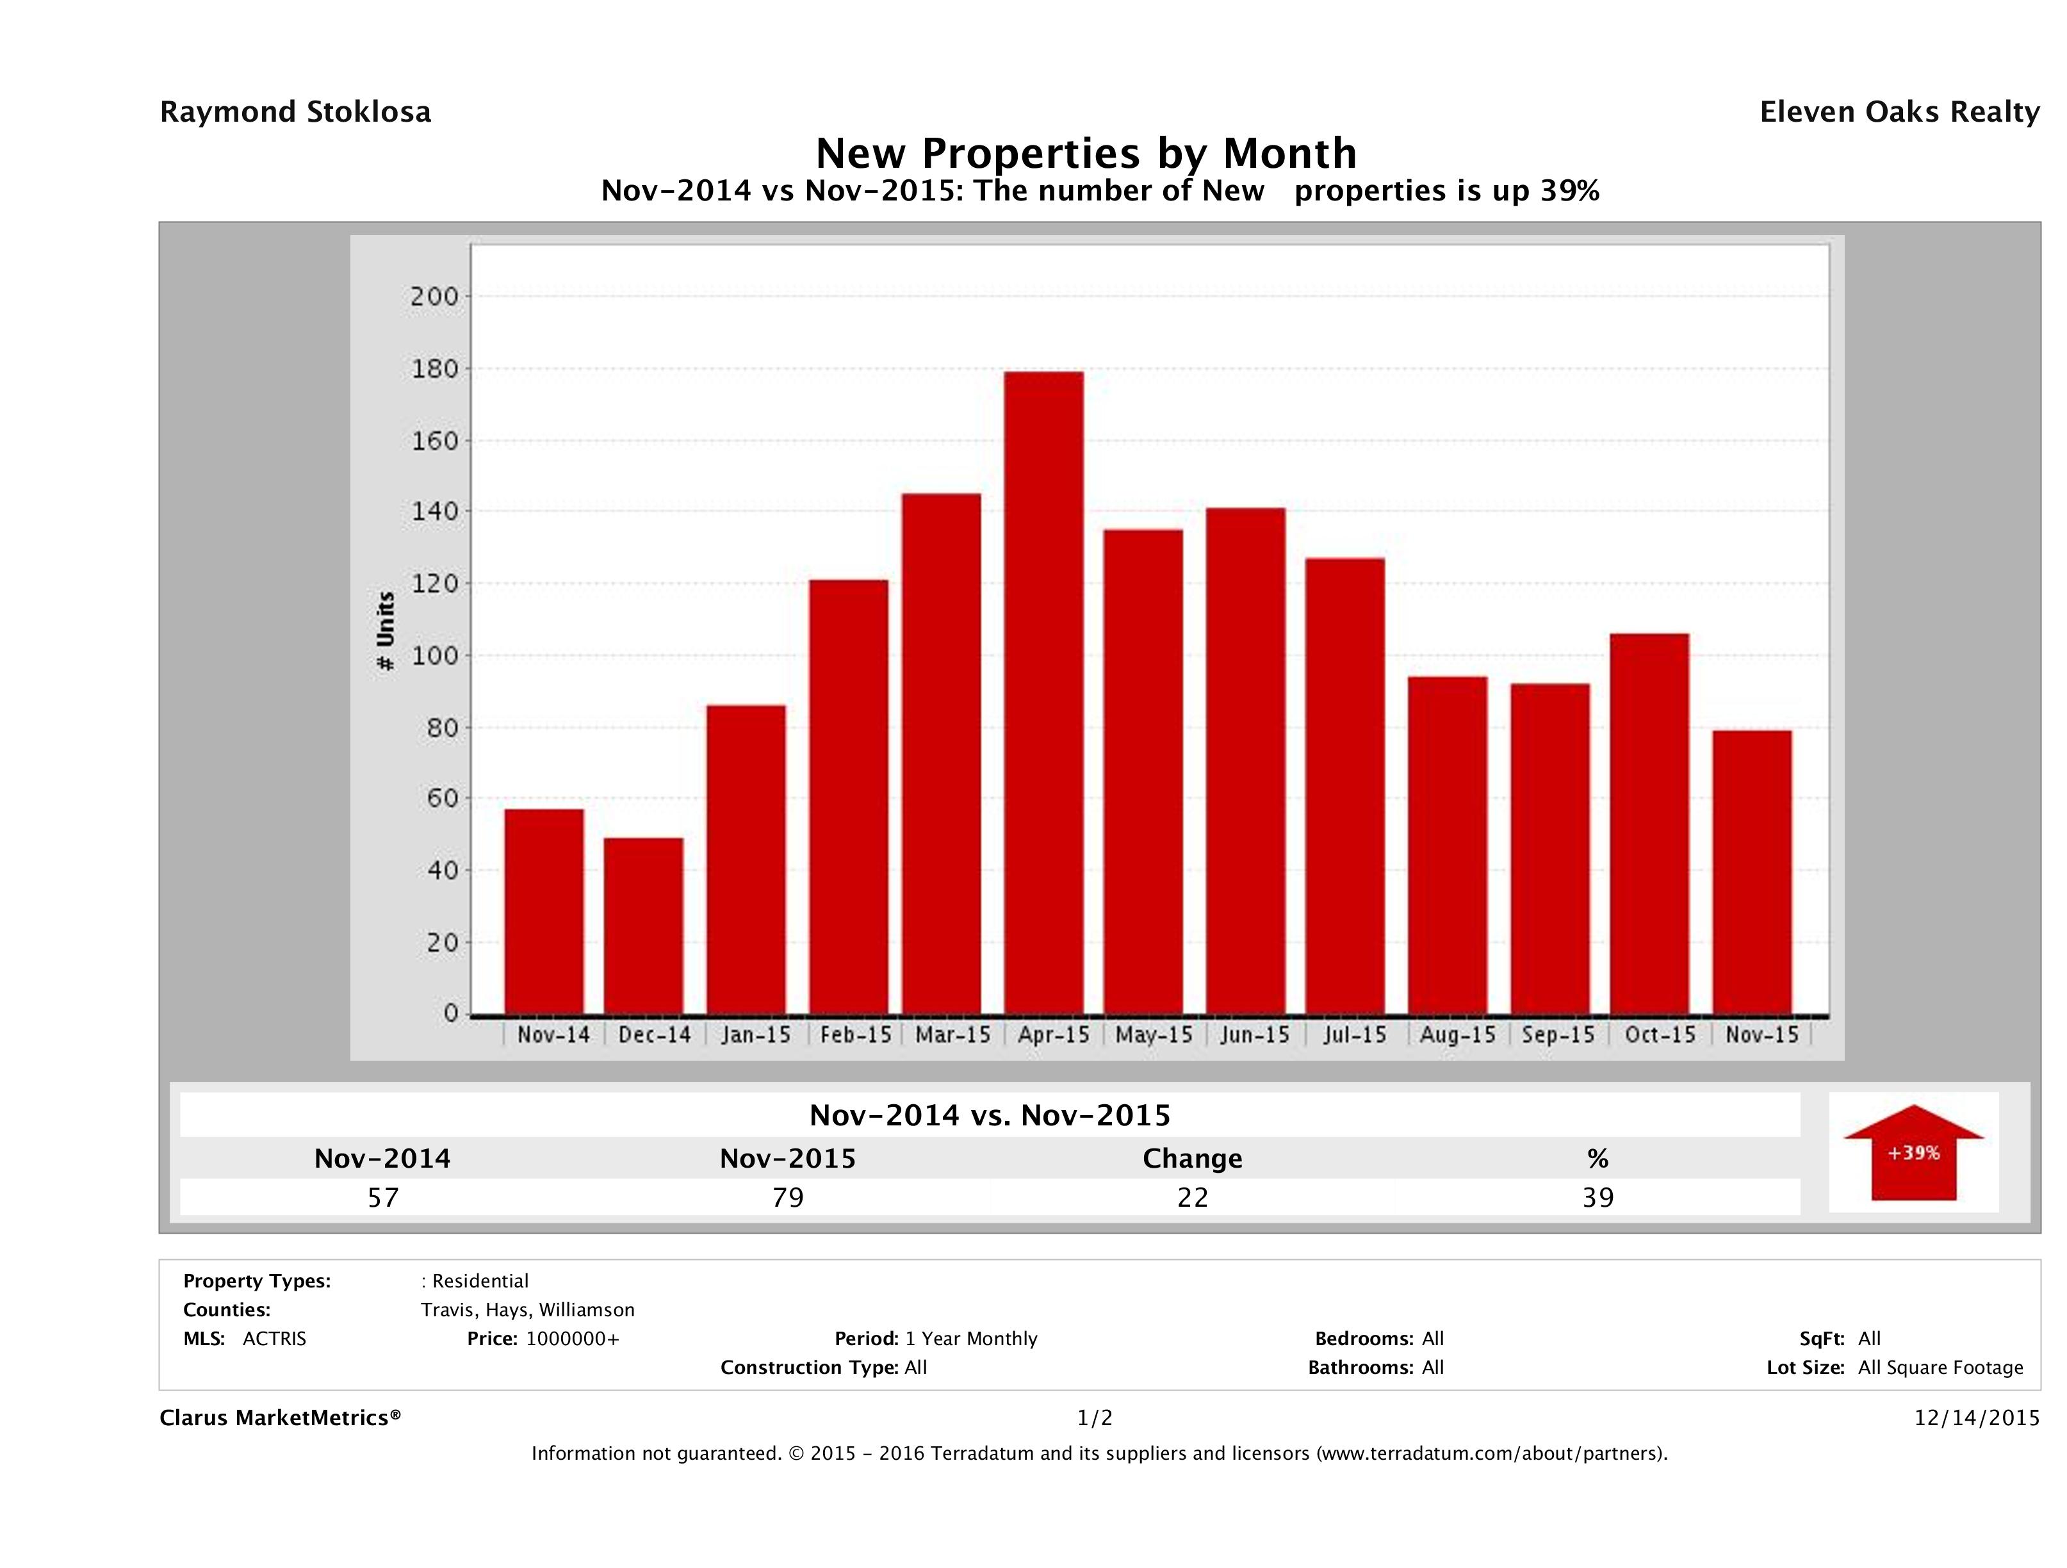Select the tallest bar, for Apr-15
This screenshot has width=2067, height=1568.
point(1044,692)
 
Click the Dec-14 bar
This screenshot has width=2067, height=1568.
point(643,925)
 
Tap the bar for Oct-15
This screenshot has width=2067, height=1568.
point(1649,823)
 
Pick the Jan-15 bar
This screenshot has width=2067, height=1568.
point(746,859)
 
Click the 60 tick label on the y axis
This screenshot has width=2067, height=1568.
point(439,798)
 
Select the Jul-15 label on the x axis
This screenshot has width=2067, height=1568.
point(1355,1035)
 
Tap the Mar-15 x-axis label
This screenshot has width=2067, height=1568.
point(952,1035)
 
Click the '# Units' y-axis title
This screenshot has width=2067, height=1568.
point(385,632)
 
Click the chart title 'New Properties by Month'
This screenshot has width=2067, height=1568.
point(1086,153)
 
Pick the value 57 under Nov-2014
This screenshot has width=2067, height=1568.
point(383,1197)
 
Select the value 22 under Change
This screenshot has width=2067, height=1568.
point(1193,1197)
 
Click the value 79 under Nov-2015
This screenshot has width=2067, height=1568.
point(788,1197)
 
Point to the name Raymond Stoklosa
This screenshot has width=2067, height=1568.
point(295,112)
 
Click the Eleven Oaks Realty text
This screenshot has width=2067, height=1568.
point(1899,112)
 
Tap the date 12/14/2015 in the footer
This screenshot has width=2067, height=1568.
point(1976,1417)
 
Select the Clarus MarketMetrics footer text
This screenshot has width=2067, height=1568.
point(281,1417)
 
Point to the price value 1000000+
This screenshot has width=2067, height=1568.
point(572,1338)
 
